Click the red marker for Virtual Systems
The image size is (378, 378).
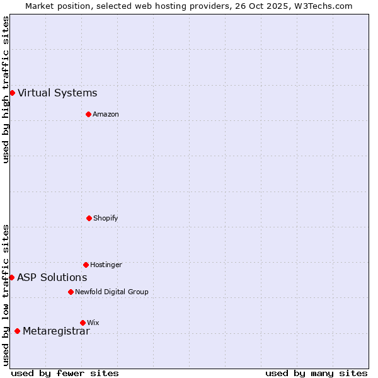12,93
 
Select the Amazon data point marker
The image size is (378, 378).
88,114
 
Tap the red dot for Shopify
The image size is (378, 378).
89,218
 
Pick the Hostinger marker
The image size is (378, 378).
86,265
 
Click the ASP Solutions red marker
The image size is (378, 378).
11,277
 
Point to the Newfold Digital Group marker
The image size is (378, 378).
71,292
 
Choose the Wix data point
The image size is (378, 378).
83,323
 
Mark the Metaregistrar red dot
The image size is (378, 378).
17,331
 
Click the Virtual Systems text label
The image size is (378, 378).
57,93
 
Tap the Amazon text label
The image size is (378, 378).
106,114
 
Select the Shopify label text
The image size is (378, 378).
106,218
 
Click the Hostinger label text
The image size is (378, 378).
106,265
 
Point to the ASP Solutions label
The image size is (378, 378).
52,277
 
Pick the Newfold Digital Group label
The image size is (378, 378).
112,292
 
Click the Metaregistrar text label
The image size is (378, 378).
56,331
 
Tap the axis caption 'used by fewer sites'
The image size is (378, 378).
65,373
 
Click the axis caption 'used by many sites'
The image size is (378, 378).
316,373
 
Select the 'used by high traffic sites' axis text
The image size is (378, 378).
6,89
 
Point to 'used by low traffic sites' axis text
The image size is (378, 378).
6,294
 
